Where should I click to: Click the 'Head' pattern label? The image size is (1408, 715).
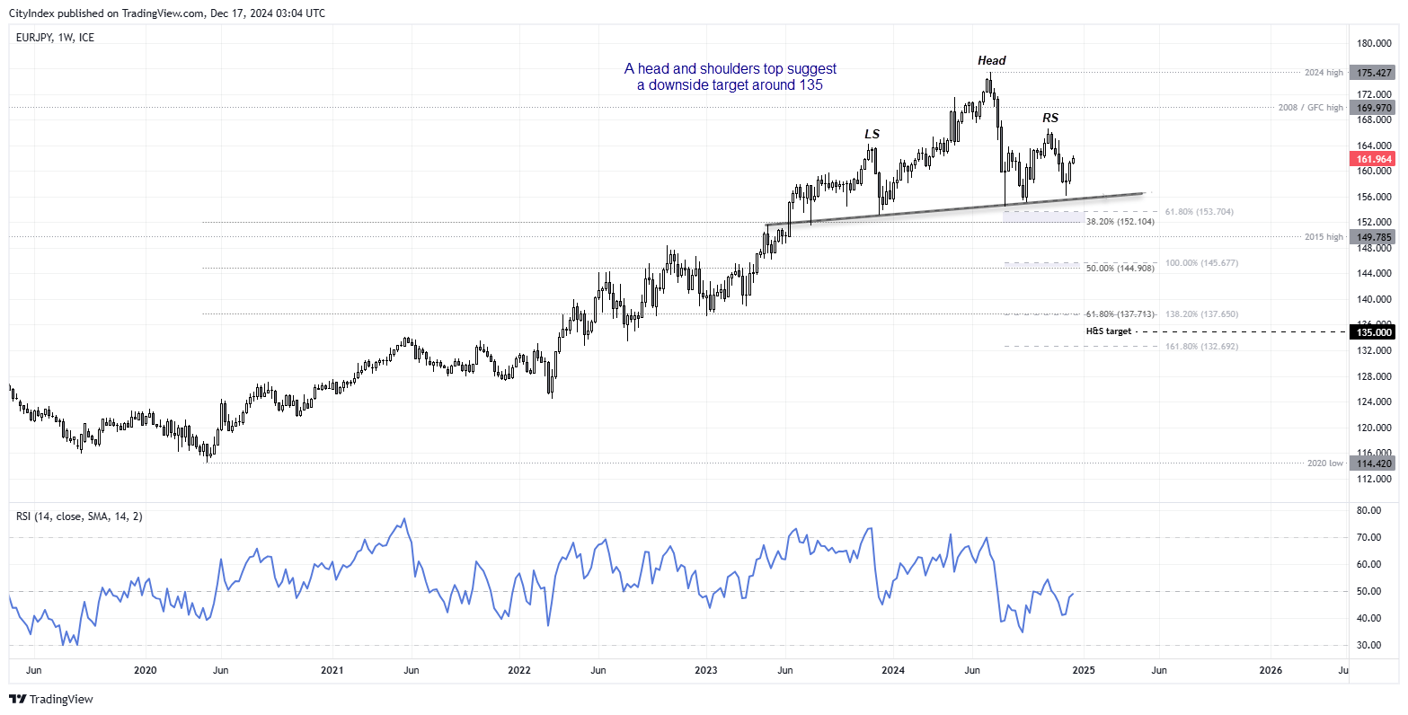992,61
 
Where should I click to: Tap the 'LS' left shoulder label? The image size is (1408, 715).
872,135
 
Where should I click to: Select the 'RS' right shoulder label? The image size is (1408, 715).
1049,119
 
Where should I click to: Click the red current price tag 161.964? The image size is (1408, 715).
1374,159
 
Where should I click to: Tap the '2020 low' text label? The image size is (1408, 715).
1325,463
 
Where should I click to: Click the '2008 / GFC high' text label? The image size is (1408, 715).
1310,108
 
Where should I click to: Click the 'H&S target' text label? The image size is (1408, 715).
1109,331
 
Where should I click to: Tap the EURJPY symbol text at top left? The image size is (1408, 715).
33,38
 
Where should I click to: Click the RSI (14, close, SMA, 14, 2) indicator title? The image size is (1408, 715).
79,516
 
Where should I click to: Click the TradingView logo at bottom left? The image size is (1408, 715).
52,699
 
